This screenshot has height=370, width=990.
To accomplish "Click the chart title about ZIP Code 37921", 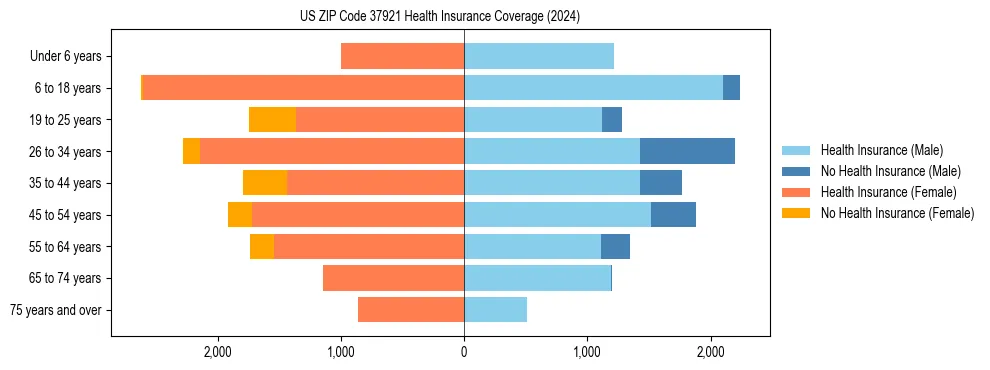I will (x=439, y=16).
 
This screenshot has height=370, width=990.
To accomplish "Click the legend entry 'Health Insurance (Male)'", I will (x=880, y=150).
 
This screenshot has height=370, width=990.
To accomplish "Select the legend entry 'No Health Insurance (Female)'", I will (x=896, y=213).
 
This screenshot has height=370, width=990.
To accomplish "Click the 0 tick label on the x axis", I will (x=464, y=352).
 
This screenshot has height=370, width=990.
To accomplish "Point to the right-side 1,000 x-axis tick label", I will (x=587, y=352).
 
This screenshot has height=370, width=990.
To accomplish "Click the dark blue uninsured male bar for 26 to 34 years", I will (x=687, y=151).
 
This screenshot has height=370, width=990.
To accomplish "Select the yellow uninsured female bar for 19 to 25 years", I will (x=272, y=120).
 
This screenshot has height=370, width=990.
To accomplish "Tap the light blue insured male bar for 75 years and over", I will (x=495, y=310).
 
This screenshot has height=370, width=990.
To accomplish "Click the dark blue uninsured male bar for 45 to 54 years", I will (x=673, y=215).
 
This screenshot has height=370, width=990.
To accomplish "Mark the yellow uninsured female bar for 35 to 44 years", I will (x=265, y=183).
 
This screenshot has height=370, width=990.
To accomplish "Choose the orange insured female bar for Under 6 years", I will (x=402, y=57).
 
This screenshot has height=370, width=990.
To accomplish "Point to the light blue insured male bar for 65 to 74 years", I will (x=537, y=278).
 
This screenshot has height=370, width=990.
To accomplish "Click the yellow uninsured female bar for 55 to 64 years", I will (x=262, y=247).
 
